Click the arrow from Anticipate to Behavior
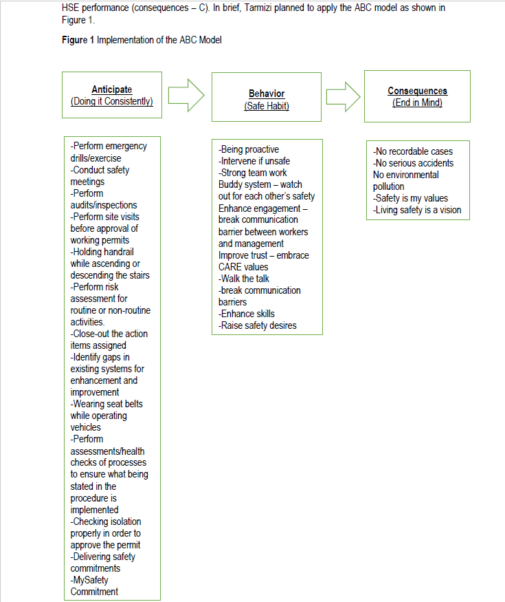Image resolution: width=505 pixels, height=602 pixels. coord(186,96)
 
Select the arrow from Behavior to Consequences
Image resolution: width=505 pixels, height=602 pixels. coord(344,96)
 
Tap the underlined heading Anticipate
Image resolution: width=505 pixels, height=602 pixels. coord(111,90)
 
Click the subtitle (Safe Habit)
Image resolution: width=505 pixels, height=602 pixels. coord(267,106)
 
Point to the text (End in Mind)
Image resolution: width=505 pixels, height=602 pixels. coord(417,103)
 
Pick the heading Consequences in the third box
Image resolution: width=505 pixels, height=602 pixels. coord(417,91)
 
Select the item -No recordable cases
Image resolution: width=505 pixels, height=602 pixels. coord(412,151)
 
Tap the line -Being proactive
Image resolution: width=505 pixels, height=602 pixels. coord(249,149)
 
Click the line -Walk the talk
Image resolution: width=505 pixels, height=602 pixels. coord(244,279)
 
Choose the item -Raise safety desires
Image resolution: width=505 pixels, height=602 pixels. coord(258,325)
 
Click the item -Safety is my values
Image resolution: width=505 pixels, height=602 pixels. coord(410,198)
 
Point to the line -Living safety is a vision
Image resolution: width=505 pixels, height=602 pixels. coord(417,210)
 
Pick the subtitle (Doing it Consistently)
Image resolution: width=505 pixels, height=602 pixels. coord(111,102)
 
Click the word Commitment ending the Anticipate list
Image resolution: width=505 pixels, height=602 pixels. coord(94,592)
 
